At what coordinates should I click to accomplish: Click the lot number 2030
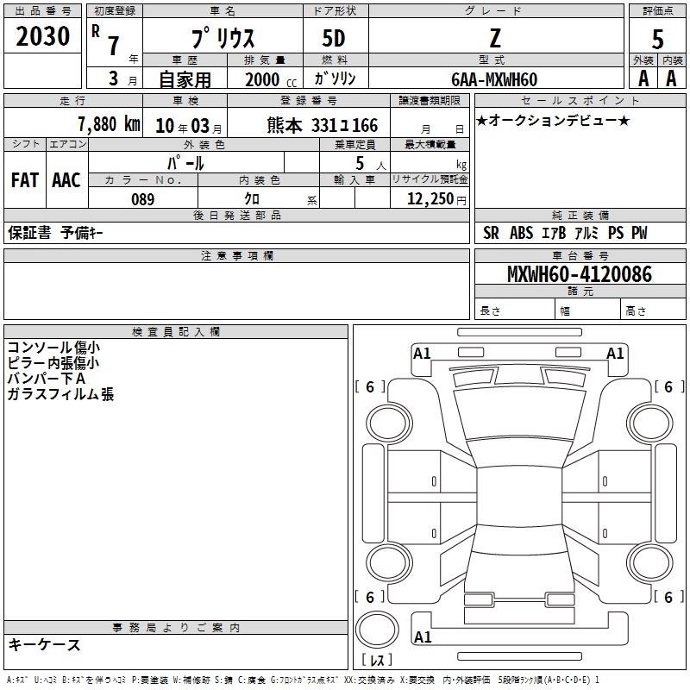coord(42,36)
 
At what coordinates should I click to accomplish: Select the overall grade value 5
coord(657,40)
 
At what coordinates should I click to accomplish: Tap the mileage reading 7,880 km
coord(109,124)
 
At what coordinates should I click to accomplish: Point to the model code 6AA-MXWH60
coord(494,79)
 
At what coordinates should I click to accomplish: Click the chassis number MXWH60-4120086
coord(580,274)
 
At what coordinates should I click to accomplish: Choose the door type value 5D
coord(334,39)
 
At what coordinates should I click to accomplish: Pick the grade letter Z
coord(495,38)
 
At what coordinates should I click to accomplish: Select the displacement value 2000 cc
coord(271,79)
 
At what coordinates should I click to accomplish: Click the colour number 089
coord(142,199)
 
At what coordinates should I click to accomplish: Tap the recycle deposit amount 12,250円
coord(436,199)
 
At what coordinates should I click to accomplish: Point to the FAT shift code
coord(25,180)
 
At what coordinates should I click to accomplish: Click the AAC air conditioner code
coord(66,180)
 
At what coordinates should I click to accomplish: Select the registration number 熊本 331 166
coord(322,125)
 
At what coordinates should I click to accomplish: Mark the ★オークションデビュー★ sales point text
coord(553,120)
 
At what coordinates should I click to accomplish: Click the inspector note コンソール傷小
coord(53,348)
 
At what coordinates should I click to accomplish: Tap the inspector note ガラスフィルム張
coord(60,394)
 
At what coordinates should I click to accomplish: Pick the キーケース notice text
coord(44,644)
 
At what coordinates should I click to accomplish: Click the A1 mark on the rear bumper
coord(423,637)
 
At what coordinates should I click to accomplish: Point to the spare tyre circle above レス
coord(377,630)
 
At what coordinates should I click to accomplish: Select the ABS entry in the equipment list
coord(522,233)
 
